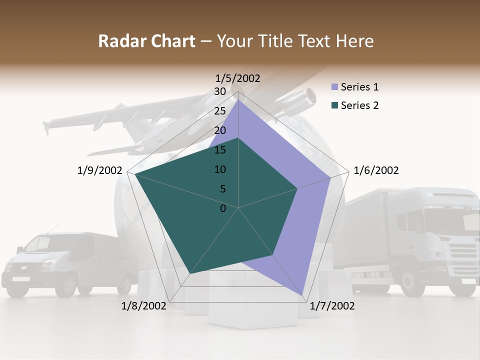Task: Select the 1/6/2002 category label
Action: point(376,170)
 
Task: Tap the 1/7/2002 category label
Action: point(332,306)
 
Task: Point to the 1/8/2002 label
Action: point(143,306)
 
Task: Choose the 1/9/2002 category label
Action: point(99,170)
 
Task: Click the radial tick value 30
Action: point(220,91)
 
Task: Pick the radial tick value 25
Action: point(220,111)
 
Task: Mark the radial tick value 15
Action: point(220,150)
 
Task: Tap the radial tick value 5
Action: point(223,189)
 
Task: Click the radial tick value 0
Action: point(223,208)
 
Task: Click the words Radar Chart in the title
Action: point(146,41)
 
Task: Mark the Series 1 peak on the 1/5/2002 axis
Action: point(238,100)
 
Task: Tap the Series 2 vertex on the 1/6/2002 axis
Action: point(297,188)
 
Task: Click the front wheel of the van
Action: point(65,285)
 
